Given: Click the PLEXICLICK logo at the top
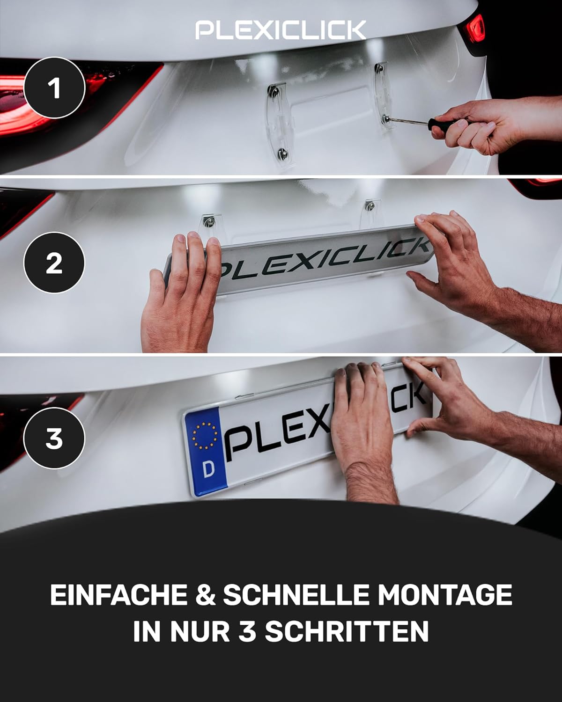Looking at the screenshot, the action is tap(281, 30).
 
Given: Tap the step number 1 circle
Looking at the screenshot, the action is tap(54, 88).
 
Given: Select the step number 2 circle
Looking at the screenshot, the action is tap(54, 263).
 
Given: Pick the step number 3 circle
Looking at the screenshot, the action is tap(54, 438).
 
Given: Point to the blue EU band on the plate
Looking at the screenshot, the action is tap(206, 452).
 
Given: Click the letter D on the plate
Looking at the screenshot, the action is tap(209, 469).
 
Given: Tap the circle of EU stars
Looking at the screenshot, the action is tap(205, 436).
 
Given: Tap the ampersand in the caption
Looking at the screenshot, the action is tap(206, 595).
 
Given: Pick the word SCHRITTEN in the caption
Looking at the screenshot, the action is tap(347, 631).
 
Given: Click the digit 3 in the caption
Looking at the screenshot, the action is tap(247, 631).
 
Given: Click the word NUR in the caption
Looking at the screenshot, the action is tap(200, 631).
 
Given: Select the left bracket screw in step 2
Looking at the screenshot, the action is tap(208, 222).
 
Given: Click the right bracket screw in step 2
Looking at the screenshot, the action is tap(370, 206).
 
